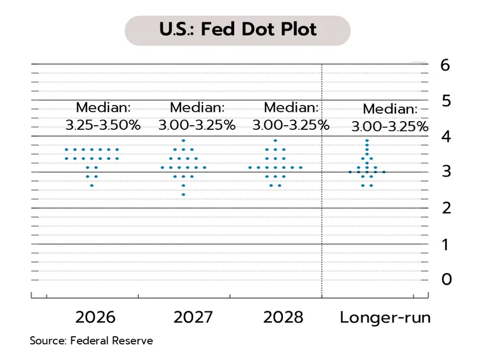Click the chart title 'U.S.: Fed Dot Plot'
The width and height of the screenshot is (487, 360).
click(x=238, y=30)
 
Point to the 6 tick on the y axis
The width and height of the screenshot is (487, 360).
click(x=445, y=65)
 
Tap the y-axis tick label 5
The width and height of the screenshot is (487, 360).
click(x=445, y=101)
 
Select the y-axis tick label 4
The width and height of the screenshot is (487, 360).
click(x=445, y=137)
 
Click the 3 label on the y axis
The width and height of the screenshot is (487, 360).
click(x=445, y=172)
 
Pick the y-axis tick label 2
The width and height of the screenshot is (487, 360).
click(x=445, y=208)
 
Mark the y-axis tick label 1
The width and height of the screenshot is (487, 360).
click(x=445, y=244)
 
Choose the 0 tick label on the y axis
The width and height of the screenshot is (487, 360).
click(x=445, y=279)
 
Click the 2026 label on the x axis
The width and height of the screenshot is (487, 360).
click(x=95, y=318)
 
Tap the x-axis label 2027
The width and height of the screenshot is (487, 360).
click(x=193, y=318)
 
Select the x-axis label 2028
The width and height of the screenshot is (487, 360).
click(x=283, y=318)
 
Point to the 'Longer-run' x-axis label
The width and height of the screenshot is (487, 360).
click(x=385, y=318)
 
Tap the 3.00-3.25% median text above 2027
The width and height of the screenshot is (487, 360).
click(x=197, y=125)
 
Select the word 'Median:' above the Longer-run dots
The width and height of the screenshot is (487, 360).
click(x=390, y=109)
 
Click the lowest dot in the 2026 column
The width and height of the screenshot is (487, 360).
click(x=92, y=186)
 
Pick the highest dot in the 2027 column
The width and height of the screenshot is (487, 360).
click(x=184, y=140)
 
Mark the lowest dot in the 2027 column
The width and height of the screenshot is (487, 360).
click(x=184, y=194)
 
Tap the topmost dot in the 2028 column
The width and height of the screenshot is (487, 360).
click(x=275, y=140)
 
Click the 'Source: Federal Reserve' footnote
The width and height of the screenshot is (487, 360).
click(x=91, y=341)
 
